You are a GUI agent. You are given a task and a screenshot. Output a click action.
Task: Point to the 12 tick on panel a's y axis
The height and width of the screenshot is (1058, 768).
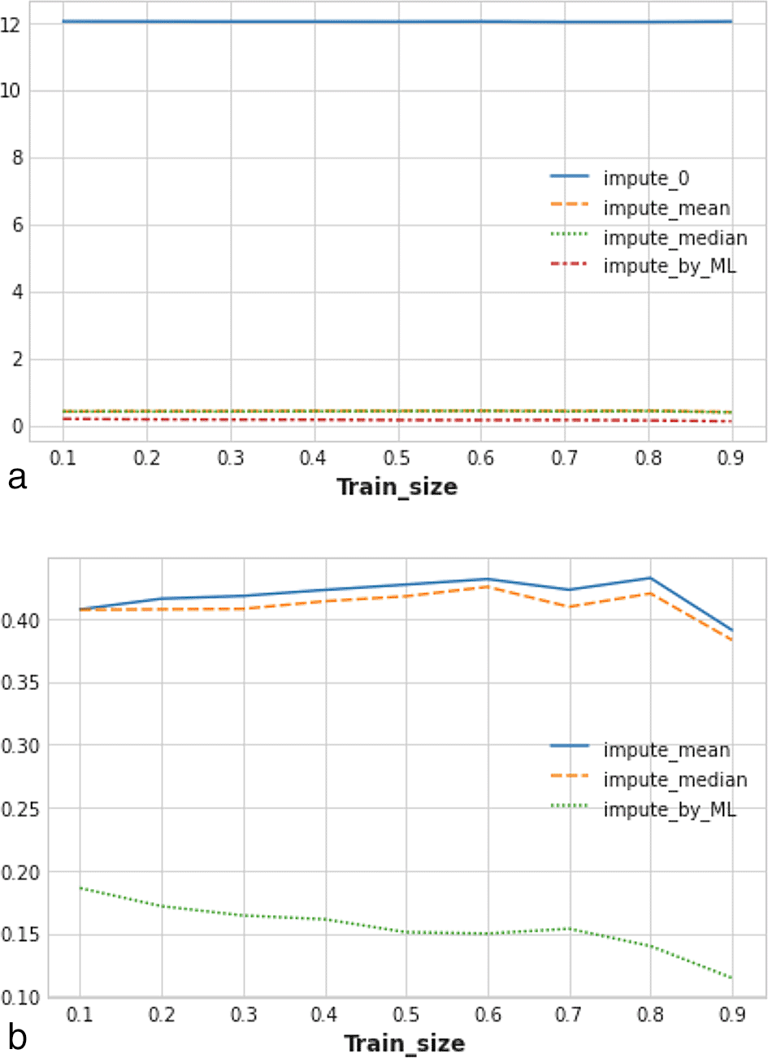click(x=11, y=24)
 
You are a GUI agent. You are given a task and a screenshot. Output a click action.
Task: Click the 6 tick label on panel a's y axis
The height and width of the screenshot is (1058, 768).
click(x=17, y=225)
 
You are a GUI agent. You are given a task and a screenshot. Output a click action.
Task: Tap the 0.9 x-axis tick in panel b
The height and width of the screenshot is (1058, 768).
click(x=732, y=1014)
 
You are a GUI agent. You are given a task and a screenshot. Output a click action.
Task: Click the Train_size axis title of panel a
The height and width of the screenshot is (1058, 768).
click(x=397, y=487)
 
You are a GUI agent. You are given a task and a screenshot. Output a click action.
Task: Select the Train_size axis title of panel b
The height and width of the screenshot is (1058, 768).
click(x=404, y=1043)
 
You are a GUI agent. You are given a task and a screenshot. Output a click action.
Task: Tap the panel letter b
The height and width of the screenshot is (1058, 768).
click(x=16, y=1037)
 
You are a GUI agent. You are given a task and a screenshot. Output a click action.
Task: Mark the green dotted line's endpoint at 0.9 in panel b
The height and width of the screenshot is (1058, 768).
click(x=732, y=978)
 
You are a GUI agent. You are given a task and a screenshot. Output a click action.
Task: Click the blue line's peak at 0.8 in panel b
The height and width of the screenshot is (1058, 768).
click(x=650, y=578)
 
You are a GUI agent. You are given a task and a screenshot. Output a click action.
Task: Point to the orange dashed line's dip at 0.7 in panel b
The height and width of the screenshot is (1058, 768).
click(x=569, y=607)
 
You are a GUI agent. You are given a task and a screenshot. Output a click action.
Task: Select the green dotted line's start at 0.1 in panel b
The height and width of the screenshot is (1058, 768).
click(x=80, y=888)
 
